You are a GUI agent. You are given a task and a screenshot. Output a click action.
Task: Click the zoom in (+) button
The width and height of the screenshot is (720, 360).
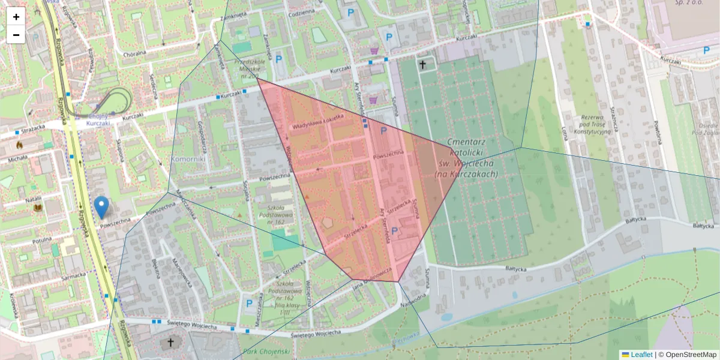tap(16, 17)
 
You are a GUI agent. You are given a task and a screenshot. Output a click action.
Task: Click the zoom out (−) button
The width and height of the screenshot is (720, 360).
tap(16, 35)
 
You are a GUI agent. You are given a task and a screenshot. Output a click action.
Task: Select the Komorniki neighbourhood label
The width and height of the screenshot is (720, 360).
tap(188, 160)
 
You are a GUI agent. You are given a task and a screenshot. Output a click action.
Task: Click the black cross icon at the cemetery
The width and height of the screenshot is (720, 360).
tap(422, 64)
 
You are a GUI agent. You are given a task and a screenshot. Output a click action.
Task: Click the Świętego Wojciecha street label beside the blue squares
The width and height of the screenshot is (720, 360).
tap(193, 326)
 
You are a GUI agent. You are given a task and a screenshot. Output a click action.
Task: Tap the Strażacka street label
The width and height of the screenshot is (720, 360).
tap(31, 127)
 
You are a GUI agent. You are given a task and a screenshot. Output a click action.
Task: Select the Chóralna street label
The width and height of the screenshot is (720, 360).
tap(135, 53)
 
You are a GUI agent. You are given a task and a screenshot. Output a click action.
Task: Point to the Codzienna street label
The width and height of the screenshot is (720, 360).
tap(302, 13)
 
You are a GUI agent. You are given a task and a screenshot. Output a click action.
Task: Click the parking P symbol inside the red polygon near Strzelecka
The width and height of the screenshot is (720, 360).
tap(394, 231)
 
